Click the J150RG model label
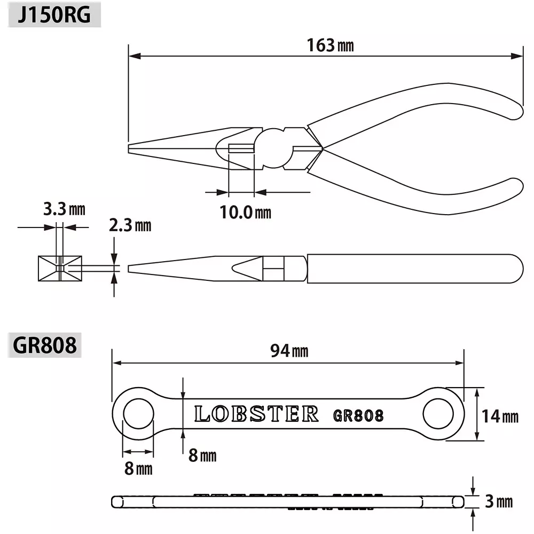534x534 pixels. pyautogui.click(x=53, y=15)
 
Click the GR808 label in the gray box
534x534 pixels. pyautogui.click(x=44, y=345)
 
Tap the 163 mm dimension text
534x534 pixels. pyautogui.click(x=330, y=45)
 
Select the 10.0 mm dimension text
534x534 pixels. pyautogui.click(x=245, y=213)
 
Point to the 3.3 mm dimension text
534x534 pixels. pyautogui.click(x=64, y=209)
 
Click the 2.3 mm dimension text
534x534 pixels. pyautogui.click(x=130, y=225)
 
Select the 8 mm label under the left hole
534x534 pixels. pyautogui.click(x=138, y=469)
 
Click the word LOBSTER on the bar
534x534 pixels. pyautogui.click(x=256, y=414)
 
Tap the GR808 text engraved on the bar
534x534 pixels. pyautogui.click(x=358, y=415)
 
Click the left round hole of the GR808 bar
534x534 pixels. pyautogui.click(x=138, y=413)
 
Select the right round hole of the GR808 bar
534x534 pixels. pyautogui.click(x=438, y=413)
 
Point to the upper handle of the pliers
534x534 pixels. pyautogui.click(x=417, y=107)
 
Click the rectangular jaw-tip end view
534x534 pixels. pyautogui.click(x=60, y=268)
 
